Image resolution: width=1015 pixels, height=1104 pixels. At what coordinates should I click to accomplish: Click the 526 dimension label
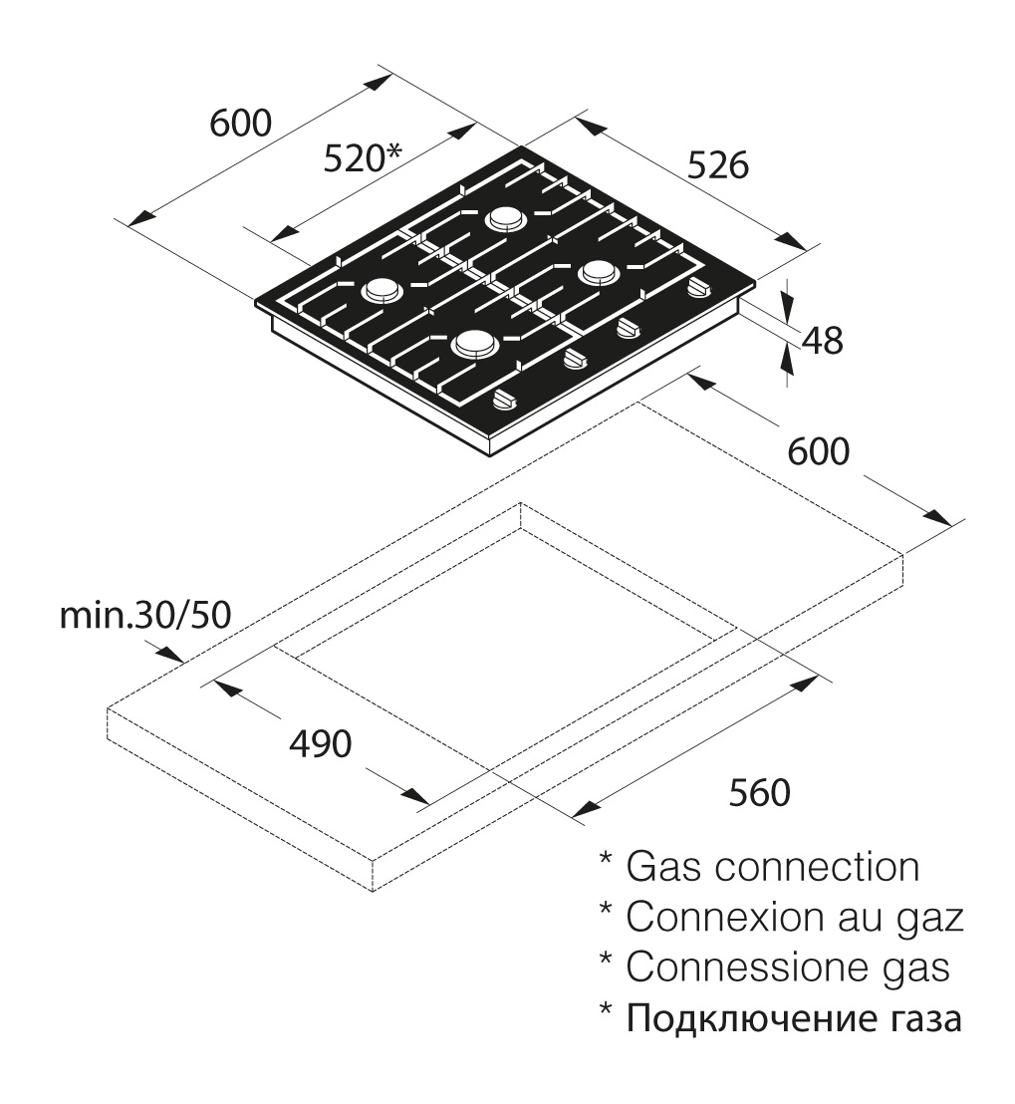click(717, 165)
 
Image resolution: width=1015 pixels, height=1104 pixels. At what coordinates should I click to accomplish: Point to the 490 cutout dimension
click(321, 743)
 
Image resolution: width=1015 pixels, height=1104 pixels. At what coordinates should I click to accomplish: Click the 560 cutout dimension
click(759, 792)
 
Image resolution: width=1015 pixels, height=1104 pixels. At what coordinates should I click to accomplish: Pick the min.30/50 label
click(145, 615)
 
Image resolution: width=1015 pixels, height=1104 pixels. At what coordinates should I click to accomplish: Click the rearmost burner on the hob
click(506, 218)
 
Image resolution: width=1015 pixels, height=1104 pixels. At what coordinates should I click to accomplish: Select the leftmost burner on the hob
click(382, 289)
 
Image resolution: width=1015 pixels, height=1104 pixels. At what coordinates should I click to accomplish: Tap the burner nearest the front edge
click(476, 345)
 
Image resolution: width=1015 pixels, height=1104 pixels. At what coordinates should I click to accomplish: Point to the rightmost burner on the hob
click(599, 272)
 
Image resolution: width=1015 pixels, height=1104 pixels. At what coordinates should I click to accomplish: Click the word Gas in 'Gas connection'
click(663, 867)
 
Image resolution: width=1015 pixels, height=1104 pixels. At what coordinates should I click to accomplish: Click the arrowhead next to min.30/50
click(169, 654)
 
